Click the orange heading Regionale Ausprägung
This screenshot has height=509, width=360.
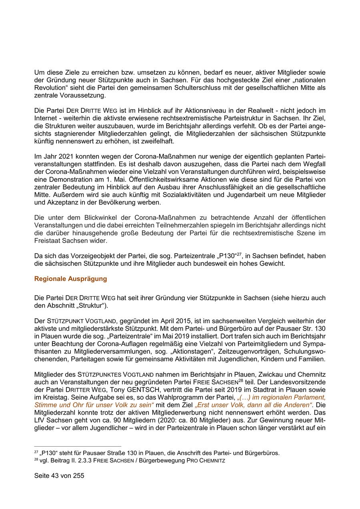click(x=71, y=279)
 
